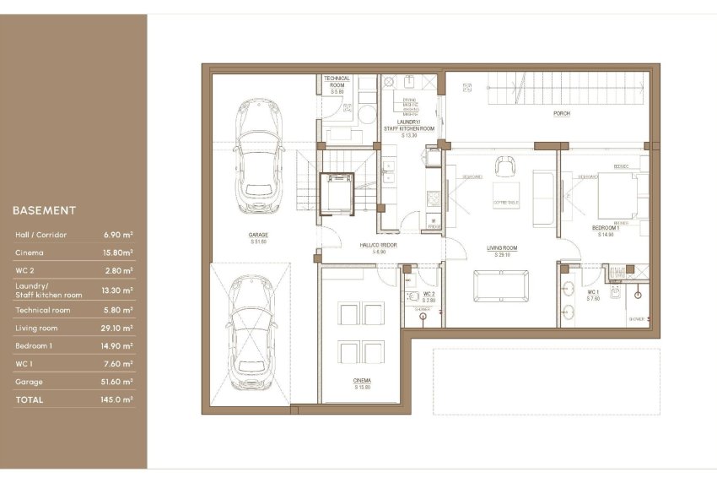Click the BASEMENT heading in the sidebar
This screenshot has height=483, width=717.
tap(45, 210)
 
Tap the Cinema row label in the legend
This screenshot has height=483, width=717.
tap(30, 252)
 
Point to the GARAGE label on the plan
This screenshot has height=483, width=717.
tap(258, 236)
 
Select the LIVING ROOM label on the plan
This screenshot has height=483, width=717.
tap(501, 248)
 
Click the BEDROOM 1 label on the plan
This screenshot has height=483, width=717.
tap(605, 228)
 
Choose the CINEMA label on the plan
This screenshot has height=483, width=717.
tap(362, 381)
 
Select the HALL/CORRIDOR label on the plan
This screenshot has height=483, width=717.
tap(379, 245)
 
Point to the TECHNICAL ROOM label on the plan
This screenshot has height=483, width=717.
tap(337, 81)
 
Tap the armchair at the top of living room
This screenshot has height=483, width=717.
tap(505, 165)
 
